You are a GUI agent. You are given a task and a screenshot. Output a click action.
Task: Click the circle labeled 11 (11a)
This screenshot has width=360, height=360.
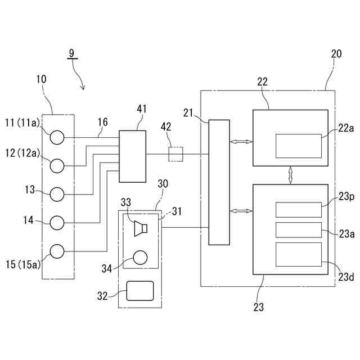(57, 137)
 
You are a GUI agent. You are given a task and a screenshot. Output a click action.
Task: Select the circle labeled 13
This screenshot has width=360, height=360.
(57, 194)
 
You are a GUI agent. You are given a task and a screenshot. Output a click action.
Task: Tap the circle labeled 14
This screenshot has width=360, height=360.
(57, 223)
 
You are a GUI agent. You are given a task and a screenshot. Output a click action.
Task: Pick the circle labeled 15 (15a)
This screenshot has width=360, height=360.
(57, 251)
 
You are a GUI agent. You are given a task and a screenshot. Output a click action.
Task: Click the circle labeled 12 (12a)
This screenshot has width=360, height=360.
(57, 165)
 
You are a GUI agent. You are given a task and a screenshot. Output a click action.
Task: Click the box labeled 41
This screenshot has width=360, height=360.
(132, 156)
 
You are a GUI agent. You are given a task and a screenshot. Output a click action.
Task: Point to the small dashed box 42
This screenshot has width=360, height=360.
(175, 154)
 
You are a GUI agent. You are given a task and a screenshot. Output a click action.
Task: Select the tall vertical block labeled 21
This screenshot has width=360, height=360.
(219, 182)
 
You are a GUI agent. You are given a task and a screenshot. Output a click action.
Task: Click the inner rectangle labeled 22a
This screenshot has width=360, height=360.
(298, 146)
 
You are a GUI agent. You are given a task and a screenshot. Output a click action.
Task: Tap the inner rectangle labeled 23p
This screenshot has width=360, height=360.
(298, 209)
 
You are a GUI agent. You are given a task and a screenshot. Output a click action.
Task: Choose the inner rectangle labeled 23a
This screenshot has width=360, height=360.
(298, 229)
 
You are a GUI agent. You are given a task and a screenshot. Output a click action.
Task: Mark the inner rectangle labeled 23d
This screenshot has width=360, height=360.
(298, 254)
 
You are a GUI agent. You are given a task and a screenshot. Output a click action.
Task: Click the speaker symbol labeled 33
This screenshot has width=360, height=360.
(141, 228)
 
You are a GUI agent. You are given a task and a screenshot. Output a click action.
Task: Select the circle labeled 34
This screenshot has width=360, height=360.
(140, 258)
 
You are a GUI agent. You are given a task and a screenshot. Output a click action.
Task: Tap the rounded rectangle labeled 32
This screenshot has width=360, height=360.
(140, 291)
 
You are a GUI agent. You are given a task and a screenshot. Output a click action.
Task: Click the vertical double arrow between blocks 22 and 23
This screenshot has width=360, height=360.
(291, 174)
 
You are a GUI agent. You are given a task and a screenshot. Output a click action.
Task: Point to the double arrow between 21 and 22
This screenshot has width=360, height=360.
(241, 143)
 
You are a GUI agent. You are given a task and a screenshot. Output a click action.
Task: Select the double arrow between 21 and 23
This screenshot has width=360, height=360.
(241, 211)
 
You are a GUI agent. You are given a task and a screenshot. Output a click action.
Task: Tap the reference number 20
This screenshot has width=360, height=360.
(336, 54)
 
